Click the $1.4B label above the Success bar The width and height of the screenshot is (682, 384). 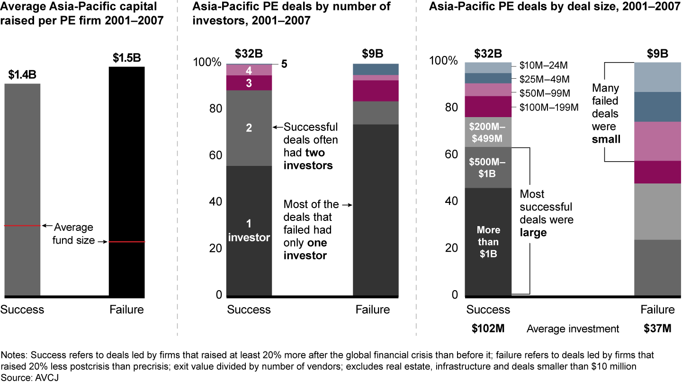point(22,74)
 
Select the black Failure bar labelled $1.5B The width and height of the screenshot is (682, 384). point(126,180)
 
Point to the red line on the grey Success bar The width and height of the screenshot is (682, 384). point(22,226)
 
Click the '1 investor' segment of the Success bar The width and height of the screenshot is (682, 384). point(249,230)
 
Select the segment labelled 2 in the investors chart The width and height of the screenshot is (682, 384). point(249,128)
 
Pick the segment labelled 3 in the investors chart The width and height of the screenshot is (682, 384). point(249,82)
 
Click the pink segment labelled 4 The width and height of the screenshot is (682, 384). point(249,70)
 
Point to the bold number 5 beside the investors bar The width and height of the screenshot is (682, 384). point(284,64)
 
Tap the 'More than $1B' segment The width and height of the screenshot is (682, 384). point(488,241)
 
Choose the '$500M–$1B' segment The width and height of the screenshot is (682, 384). point(488,167)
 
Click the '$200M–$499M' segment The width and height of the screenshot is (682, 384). point(488,132)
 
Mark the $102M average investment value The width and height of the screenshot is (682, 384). point(488,329)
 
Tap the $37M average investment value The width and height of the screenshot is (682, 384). point(657,329)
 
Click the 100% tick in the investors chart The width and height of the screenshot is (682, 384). point(206,63)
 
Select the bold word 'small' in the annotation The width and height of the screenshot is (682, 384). point(606,139)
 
